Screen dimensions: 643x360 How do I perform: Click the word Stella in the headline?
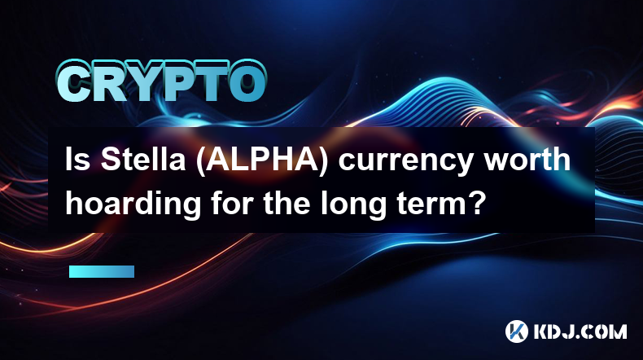pos(143,160)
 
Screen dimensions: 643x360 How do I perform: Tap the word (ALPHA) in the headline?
pos(261,160)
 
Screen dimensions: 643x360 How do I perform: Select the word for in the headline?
pos(232,203)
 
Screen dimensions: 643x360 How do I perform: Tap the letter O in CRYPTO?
pos(247,83)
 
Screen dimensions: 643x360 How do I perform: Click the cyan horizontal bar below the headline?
pos(101,271)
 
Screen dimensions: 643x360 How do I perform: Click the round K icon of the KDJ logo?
pos(516,331)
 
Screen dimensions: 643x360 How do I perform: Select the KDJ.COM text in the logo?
pos(580,331)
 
